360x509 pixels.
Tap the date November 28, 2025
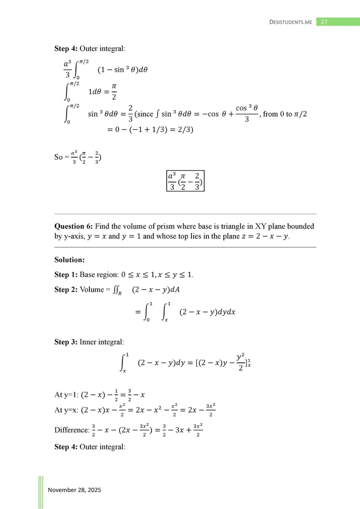click(75, 490)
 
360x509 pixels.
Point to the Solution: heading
click(70, 260)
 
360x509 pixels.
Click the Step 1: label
click(66, 274)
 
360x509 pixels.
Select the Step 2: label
click(66, 289)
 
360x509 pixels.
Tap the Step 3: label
click(66, 342)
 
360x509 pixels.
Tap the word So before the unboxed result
click(58, 157)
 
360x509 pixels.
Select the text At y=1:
click(65, 395)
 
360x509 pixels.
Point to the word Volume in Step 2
click(92, 289)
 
